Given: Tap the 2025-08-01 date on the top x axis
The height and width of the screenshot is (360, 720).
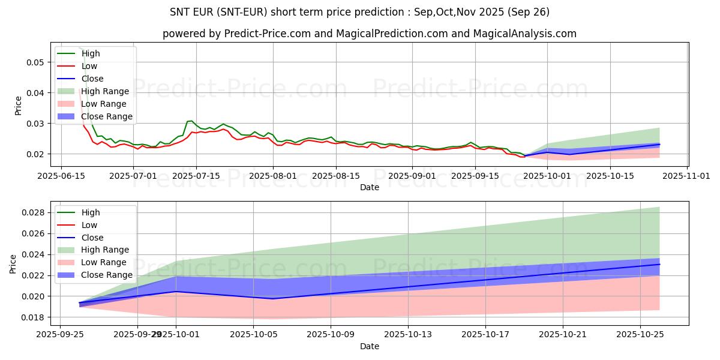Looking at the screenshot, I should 272,176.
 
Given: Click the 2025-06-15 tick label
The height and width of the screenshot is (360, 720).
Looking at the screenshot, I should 61,176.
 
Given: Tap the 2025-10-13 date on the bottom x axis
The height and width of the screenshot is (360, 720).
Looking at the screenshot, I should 408,335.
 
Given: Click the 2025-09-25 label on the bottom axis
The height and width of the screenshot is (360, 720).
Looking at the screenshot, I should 60,335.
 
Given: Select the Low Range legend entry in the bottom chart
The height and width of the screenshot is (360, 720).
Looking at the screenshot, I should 104,262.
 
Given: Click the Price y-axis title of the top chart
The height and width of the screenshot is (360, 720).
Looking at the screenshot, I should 18,105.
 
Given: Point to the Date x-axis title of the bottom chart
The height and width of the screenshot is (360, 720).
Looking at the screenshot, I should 369,346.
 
